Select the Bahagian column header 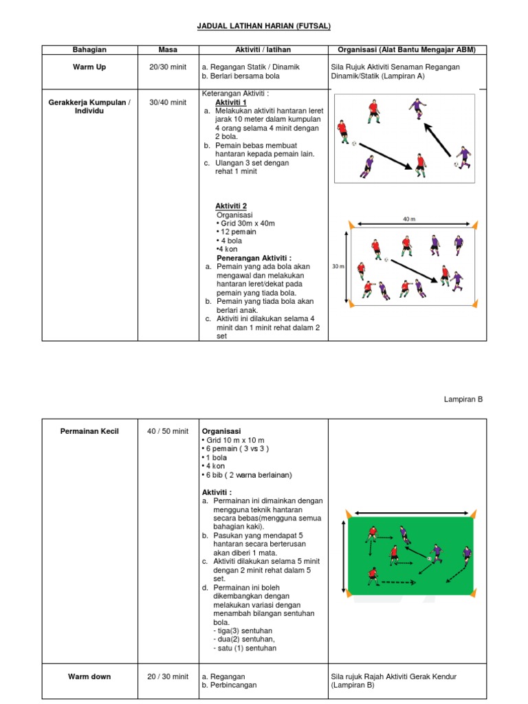pyautogui.click(x=89, y=49)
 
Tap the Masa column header pyautogui.click(x=168, y=49)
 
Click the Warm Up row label pyautogui.click(x=89, y=67)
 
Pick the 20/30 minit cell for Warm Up pyautogui.click(x=168, y=67)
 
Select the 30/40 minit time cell pyautogui.click(x=168, y=102)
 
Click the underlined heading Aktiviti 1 pyautogui.click(x=230, y=102)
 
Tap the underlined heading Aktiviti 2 pyautogui.click(x=230, y=206)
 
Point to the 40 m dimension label pyautogui.click(x=410, y=219)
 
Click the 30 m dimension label pyautogui.click(x=338, y=266)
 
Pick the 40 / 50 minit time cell pyautogui.click(x=168, y=431)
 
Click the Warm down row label pyautogui.click(x=89, y=676)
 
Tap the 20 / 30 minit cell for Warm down pyautogui.click(x=168, y=676)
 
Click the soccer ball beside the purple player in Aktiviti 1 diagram pyautogui.click(x=455, y=165)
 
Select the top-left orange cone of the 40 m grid pyautogui.click(x=351, y=225)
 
